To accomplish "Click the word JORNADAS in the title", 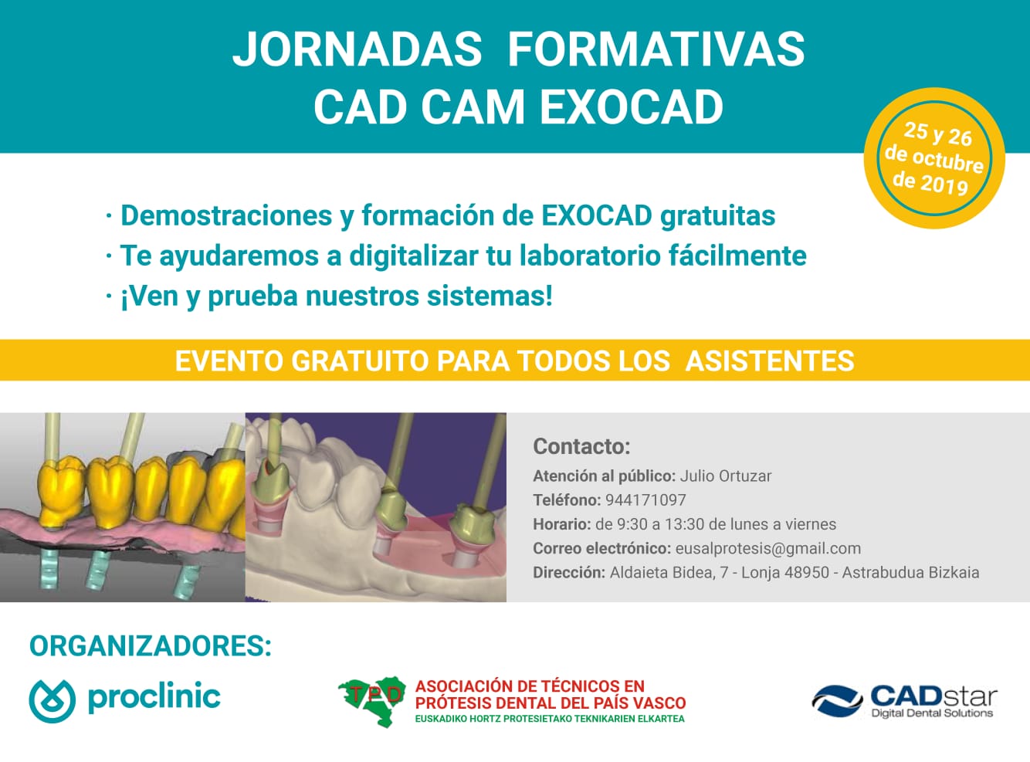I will pyautogui.click(x=357, y=49).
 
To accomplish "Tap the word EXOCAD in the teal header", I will pyautogui.click(x=631, y=107).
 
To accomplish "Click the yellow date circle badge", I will pyautogui.click(x=934, y=158).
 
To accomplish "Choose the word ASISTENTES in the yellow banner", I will pyautogui.click(x=770, y=361).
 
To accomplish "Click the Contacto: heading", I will pyautogui.click(x=581, y=446).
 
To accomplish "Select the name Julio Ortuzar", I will pyautogui.click(x=725, y=476).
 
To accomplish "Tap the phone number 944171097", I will pyautogui.click(x=645, y=500).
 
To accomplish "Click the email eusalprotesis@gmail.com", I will pyautogui.click(x=767, y=548).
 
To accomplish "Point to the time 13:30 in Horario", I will pyautogui.click(x=684, y=524).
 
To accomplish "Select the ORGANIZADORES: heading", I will pyautogui.click(x=151, y=646).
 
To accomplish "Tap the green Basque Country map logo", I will pyautogui.click(x=373, y=699).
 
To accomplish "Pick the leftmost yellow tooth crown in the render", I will pyautogui.click(x=62, y=490).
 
